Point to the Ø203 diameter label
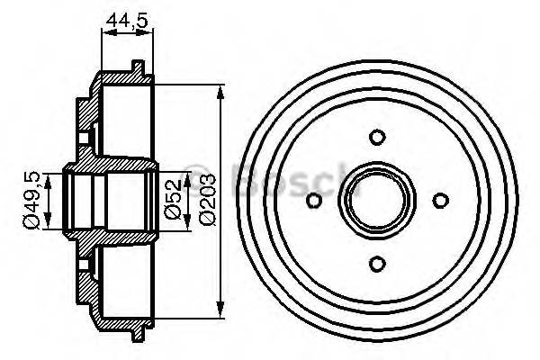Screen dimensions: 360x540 click(206, 200)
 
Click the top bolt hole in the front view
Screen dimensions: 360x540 click(378, 138)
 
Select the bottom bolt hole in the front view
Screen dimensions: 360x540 click(378, 262)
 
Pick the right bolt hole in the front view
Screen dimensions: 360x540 click(440, 200)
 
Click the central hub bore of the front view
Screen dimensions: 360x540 click(378, 200)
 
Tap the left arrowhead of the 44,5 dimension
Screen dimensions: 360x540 click(105, 32)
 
